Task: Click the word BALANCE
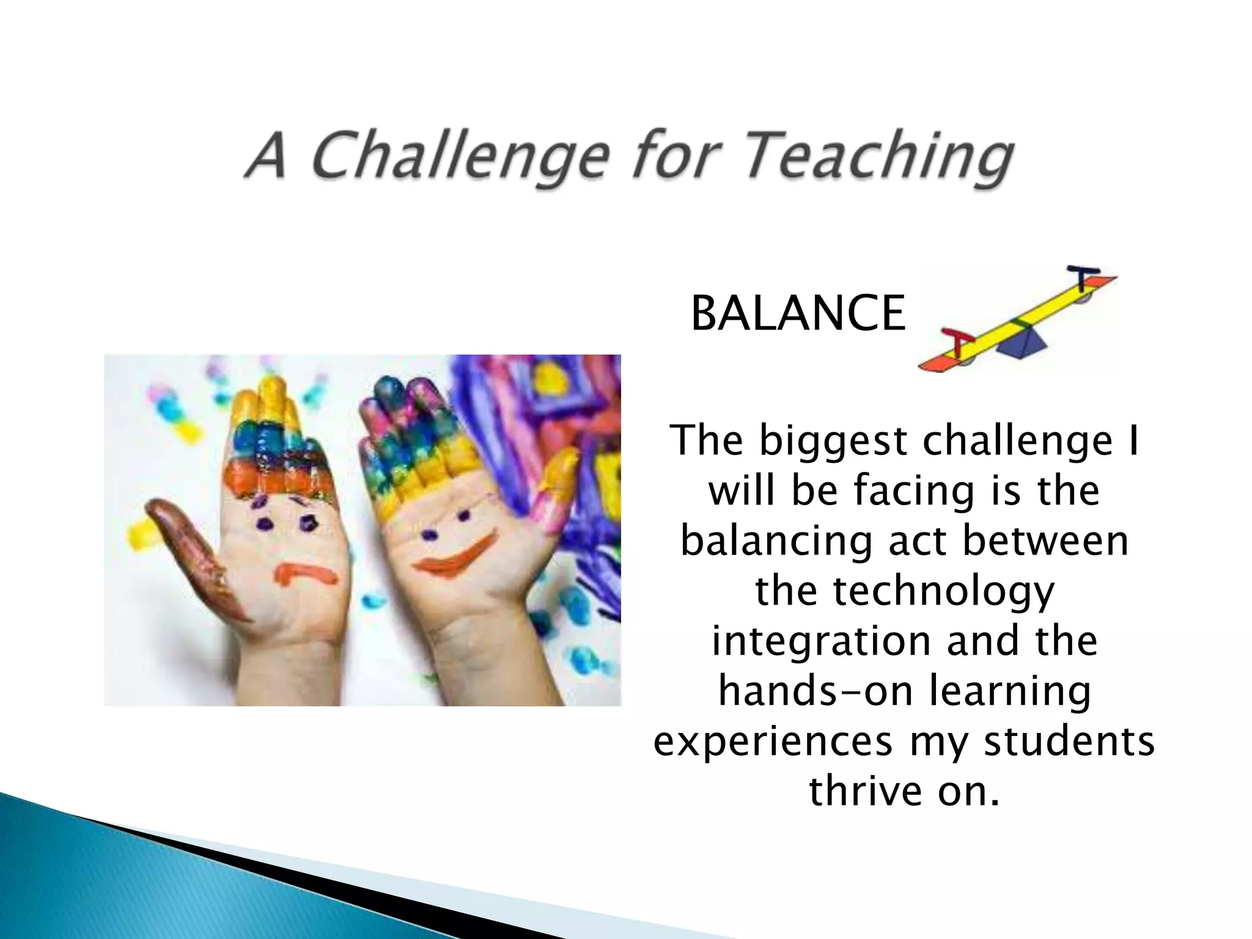(x=798, y=314)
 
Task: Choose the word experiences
(x=773, y=742)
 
